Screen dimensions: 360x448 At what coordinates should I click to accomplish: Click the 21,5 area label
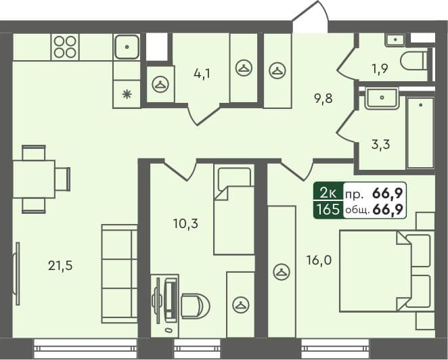60,265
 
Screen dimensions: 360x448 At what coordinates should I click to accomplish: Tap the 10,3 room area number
185,223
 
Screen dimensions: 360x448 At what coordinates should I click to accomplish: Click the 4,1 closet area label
202,74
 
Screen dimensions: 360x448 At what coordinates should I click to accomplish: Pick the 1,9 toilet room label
380,67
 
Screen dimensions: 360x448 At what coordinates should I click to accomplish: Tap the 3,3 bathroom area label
382,143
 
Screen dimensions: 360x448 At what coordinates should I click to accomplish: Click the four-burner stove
65,47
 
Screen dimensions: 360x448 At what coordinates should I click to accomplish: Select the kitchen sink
127,47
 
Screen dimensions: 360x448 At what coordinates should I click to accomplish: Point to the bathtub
420,133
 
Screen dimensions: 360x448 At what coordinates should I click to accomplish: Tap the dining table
33,179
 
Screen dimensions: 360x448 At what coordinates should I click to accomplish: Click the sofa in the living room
119,274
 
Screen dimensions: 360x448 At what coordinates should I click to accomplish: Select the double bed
382,271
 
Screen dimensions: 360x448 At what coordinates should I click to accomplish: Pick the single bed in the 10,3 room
233,210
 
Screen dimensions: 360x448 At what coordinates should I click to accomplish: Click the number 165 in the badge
328,210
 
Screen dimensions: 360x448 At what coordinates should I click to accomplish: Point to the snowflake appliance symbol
127,94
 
